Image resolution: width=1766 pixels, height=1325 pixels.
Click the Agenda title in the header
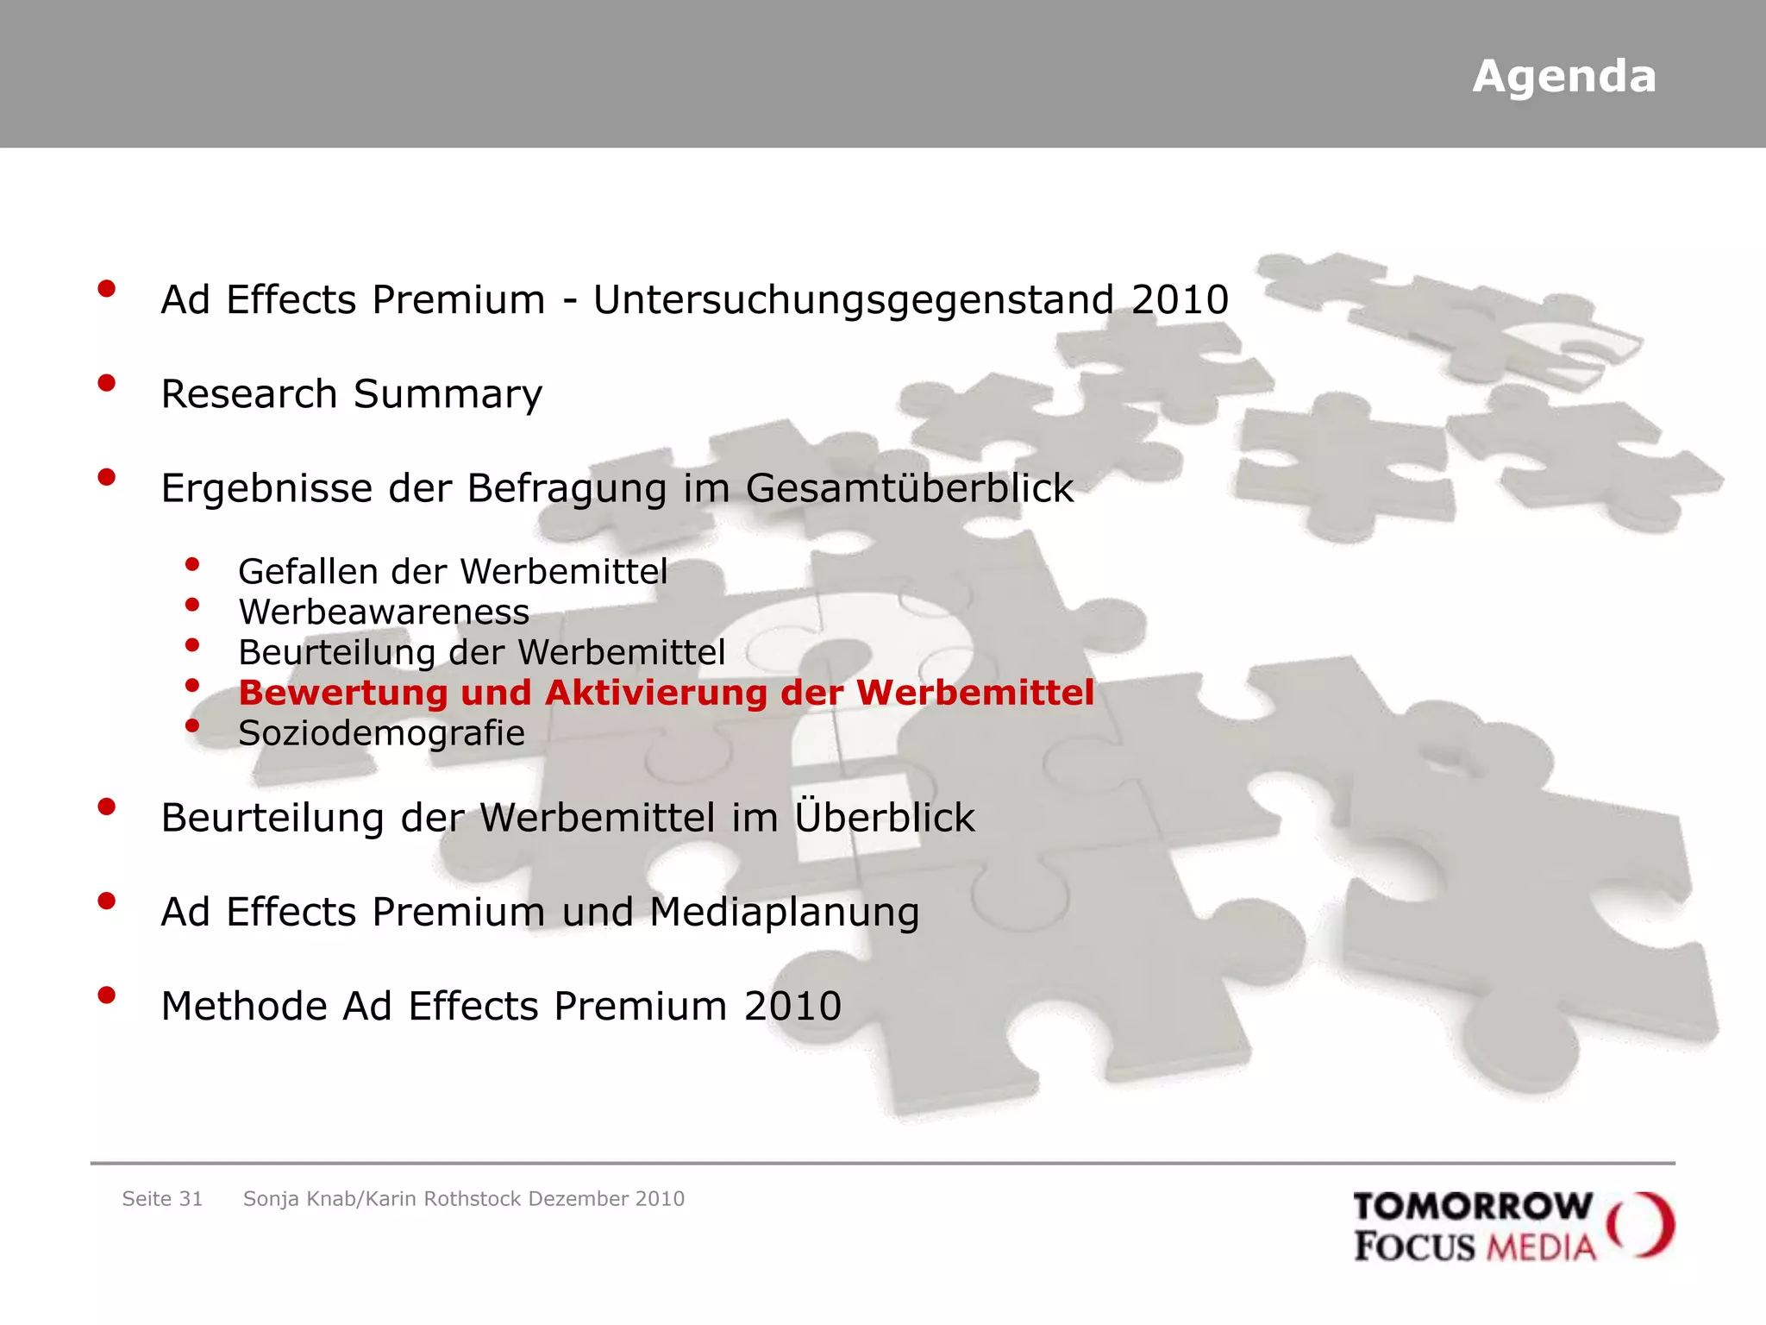coord(1563,77)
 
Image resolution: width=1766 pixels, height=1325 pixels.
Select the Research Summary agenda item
coord(352,394)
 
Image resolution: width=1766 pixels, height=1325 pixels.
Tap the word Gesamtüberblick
coord(910,488)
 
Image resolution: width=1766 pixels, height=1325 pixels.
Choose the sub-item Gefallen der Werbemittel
coord(453,572)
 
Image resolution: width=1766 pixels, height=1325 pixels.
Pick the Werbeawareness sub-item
coord(384,612)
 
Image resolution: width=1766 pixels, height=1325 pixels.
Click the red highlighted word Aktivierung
coord(656,693)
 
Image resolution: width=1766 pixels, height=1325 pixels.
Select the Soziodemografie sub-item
coord(381,733)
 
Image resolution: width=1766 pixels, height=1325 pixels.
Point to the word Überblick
coord(885,816)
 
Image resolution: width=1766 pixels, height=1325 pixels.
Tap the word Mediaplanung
coord(784,913)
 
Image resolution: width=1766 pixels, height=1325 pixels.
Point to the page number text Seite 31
coord(162,1199)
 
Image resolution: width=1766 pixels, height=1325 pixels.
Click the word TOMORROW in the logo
coord(1473,1207)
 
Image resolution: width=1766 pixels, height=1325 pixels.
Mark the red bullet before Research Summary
coord(107,383)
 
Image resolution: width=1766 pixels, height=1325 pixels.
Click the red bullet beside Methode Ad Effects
coord(107,995)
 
